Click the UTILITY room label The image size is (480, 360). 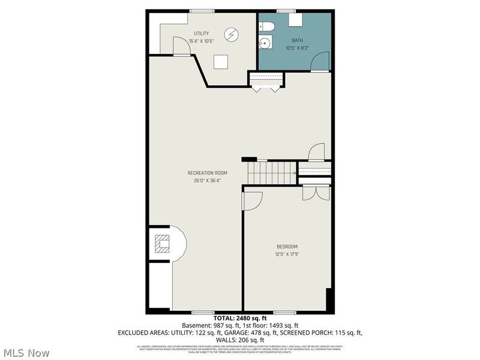(x=201, y=33)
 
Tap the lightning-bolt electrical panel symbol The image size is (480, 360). (x=232, y=34)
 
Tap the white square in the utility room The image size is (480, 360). (x=221, y=61)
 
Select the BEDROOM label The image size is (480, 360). (x=287, y=247)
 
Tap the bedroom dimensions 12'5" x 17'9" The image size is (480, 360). (x=287, y=254)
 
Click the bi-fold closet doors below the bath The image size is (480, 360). (x=266, y=88)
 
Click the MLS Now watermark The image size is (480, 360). (x=27, y=352)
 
